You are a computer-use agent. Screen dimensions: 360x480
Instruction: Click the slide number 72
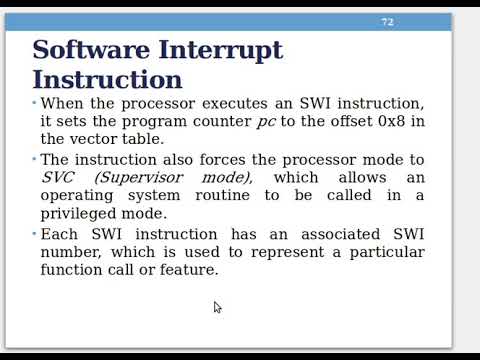[x=387, y=22]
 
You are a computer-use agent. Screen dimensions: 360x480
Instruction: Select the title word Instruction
[x=107, y=80]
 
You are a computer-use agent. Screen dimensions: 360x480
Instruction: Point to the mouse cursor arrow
[x=217, y=307]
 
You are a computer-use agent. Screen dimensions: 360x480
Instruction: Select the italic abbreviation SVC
[x=58, y=177]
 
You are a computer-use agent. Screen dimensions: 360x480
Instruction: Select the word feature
[x=185, y=269]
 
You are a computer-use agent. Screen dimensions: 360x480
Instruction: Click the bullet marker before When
[x=34, y=103]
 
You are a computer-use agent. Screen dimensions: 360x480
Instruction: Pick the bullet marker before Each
[x=34, y=233]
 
